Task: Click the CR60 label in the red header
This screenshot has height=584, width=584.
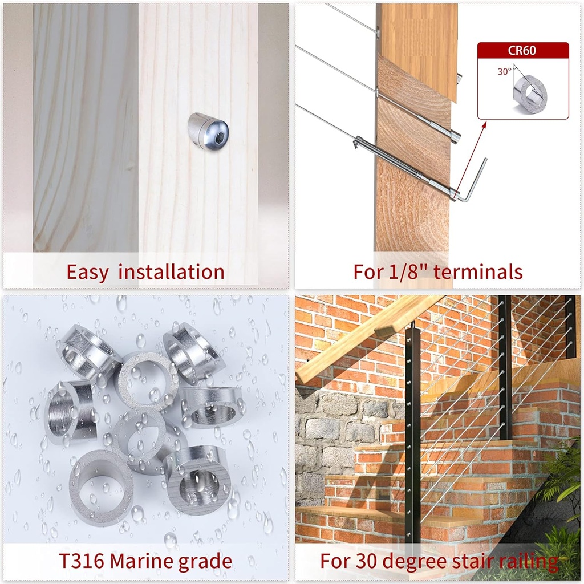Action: coord(522,50)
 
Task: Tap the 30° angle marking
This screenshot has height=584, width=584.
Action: coord(504,72)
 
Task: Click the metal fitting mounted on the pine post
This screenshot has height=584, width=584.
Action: coord(208,131)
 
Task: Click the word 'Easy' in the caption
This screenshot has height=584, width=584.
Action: coord(87,272)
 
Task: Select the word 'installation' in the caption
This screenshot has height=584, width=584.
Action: coord(171,272)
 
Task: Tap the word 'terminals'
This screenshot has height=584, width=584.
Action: coord(478,272)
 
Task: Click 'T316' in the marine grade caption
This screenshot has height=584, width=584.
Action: coord(82,561)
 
